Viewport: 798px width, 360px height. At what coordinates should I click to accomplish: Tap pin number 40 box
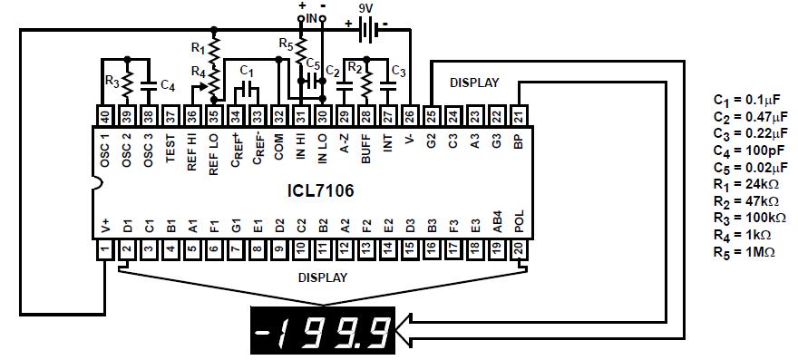coord(105,115)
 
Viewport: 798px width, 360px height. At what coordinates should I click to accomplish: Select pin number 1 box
coord(105,250)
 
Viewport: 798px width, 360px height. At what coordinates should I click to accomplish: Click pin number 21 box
coord(519,115)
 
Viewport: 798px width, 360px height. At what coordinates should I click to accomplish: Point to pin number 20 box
coord(519,250)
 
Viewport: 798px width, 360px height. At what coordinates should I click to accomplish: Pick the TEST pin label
coord(170,148)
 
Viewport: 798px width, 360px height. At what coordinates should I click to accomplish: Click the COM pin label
coord(279,147)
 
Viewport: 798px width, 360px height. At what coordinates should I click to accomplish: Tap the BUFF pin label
coord(366,149)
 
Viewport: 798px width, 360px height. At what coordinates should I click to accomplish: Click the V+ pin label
coord(105,225)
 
